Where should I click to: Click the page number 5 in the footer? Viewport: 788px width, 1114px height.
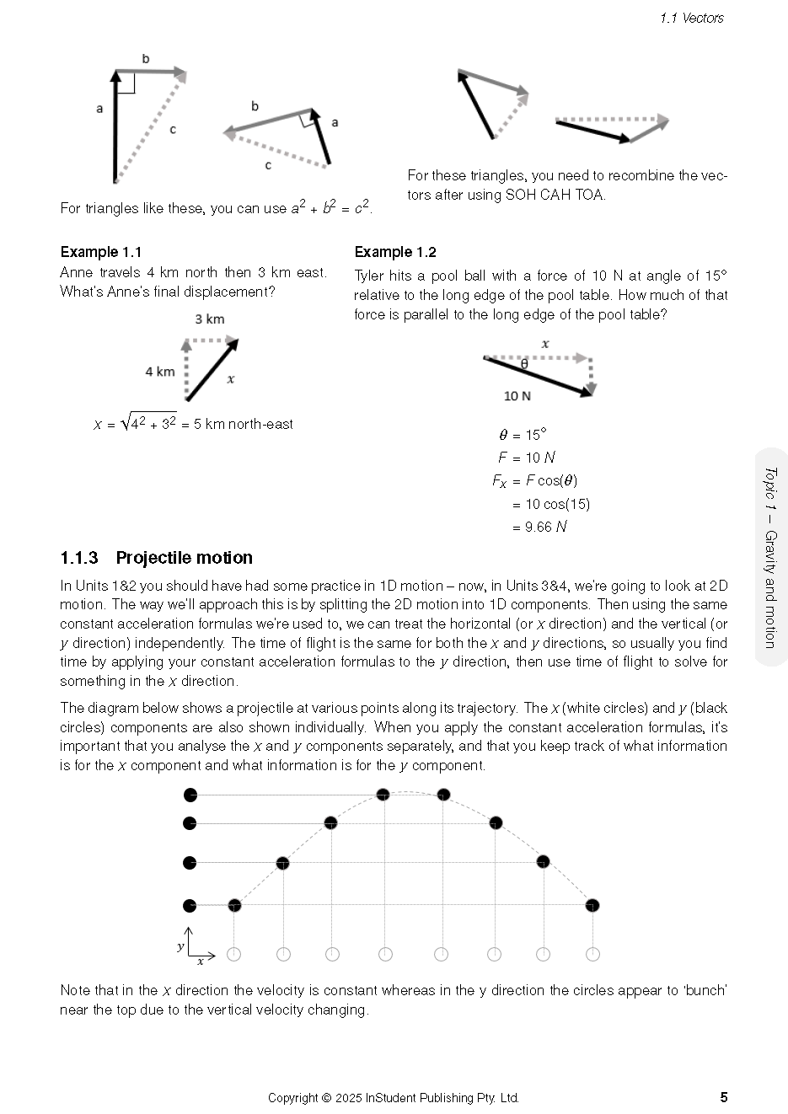723,1097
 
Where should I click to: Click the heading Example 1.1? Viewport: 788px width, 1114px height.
101,252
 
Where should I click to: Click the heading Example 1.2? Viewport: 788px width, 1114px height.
395,252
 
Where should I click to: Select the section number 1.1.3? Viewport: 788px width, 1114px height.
79,558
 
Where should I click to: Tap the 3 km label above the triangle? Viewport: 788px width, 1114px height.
210,319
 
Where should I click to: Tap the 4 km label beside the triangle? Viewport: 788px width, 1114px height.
159,372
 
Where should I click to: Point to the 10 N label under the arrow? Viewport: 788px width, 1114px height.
517,396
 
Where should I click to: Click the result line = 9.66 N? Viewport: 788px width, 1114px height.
539,527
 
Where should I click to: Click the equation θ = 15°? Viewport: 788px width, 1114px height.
523,435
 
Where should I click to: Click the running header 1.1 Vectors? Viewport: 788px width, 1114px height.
692,18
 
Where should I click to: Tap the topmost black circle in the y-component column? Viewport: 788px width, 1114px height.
190,795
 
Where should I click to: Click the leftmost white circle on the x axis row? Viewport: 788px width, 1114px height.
234,954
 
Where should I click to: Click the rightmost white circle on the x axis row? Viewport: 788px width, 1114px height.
592,954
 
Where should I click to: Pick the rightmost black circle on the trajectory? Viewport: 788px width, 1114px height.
592,905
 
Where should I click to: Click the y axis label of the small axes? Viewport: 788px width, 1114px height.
180,946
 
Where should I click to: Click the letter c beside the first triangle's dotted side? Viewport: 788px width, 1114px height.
173,130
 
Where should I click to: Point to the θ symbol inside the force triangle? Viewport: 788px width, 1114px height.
524,364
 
